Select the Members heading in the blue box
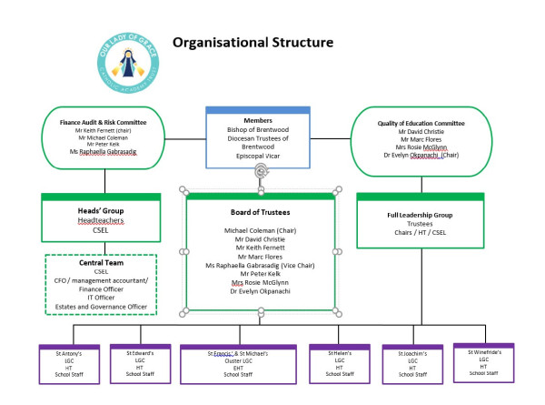[260, 121]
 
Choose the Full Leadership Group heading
[419, 216]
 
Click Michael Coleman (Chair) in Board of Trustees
[261, 231]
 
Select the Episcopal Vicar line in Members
[260, 156]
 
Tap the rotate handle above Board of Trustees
[261, 171]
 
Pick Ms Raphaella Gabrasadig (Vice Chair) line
[261, 265]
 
